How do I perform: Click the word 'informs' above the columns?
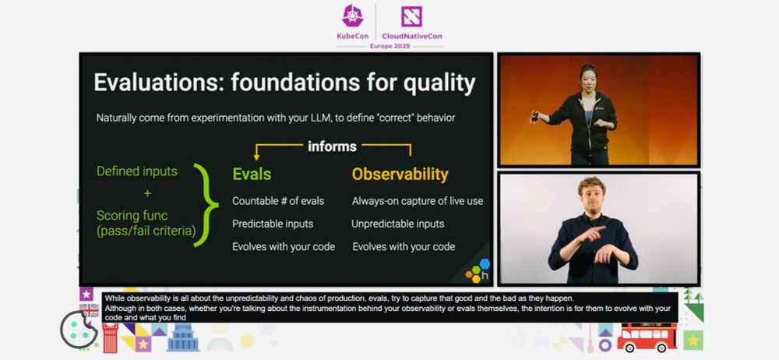tap(332, 146)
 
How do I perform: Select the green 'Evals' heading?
tap(252, 174)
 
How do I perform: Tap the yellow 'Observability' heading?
tap(400, 175)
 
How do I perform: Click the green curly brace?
tap(205, 205)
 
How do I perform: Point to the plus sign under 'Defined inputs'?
tap(147, 193)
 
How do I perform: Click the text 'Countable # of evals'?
tap(278, 201)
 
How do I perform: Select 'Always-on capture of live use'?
tap(418, 201)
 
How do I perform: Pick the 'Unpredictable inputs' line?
tap(398, 224)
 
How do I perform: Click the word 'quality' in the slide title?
tap(439, 83)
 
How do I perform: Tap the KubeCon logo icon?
tap(353, 16)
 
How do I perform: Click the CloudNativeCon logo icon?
tap(411, 16)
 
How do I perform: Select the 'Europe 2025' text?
tap(389, 46)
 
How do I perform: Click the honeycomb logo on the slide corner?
tap(478, 271)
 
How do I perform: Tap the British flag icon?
tap(90, 310)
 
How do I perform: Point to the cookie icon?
tap(79, 330)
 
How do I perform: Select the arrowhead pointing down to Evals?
tap(256, 157)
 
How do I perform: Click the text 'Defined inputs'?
tap(136, 171)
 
